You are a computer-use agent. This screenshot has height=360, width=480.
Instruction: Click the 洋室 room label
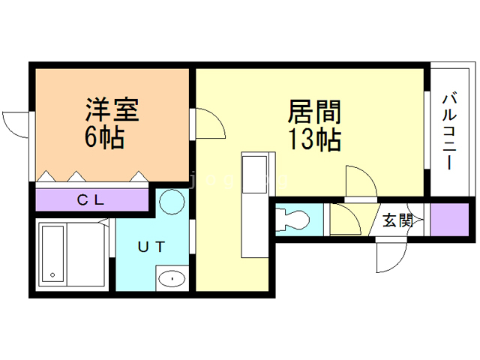tap(111, 111)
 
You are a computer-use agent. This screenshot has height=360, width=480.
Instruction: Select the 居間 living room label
tap(315, 112)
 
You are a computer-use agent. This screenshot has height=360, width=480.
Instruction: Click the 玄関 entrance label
tap(397, 220)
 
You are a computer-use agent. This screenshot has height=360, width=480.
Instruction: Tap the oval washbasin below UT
tap(172, 279)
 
